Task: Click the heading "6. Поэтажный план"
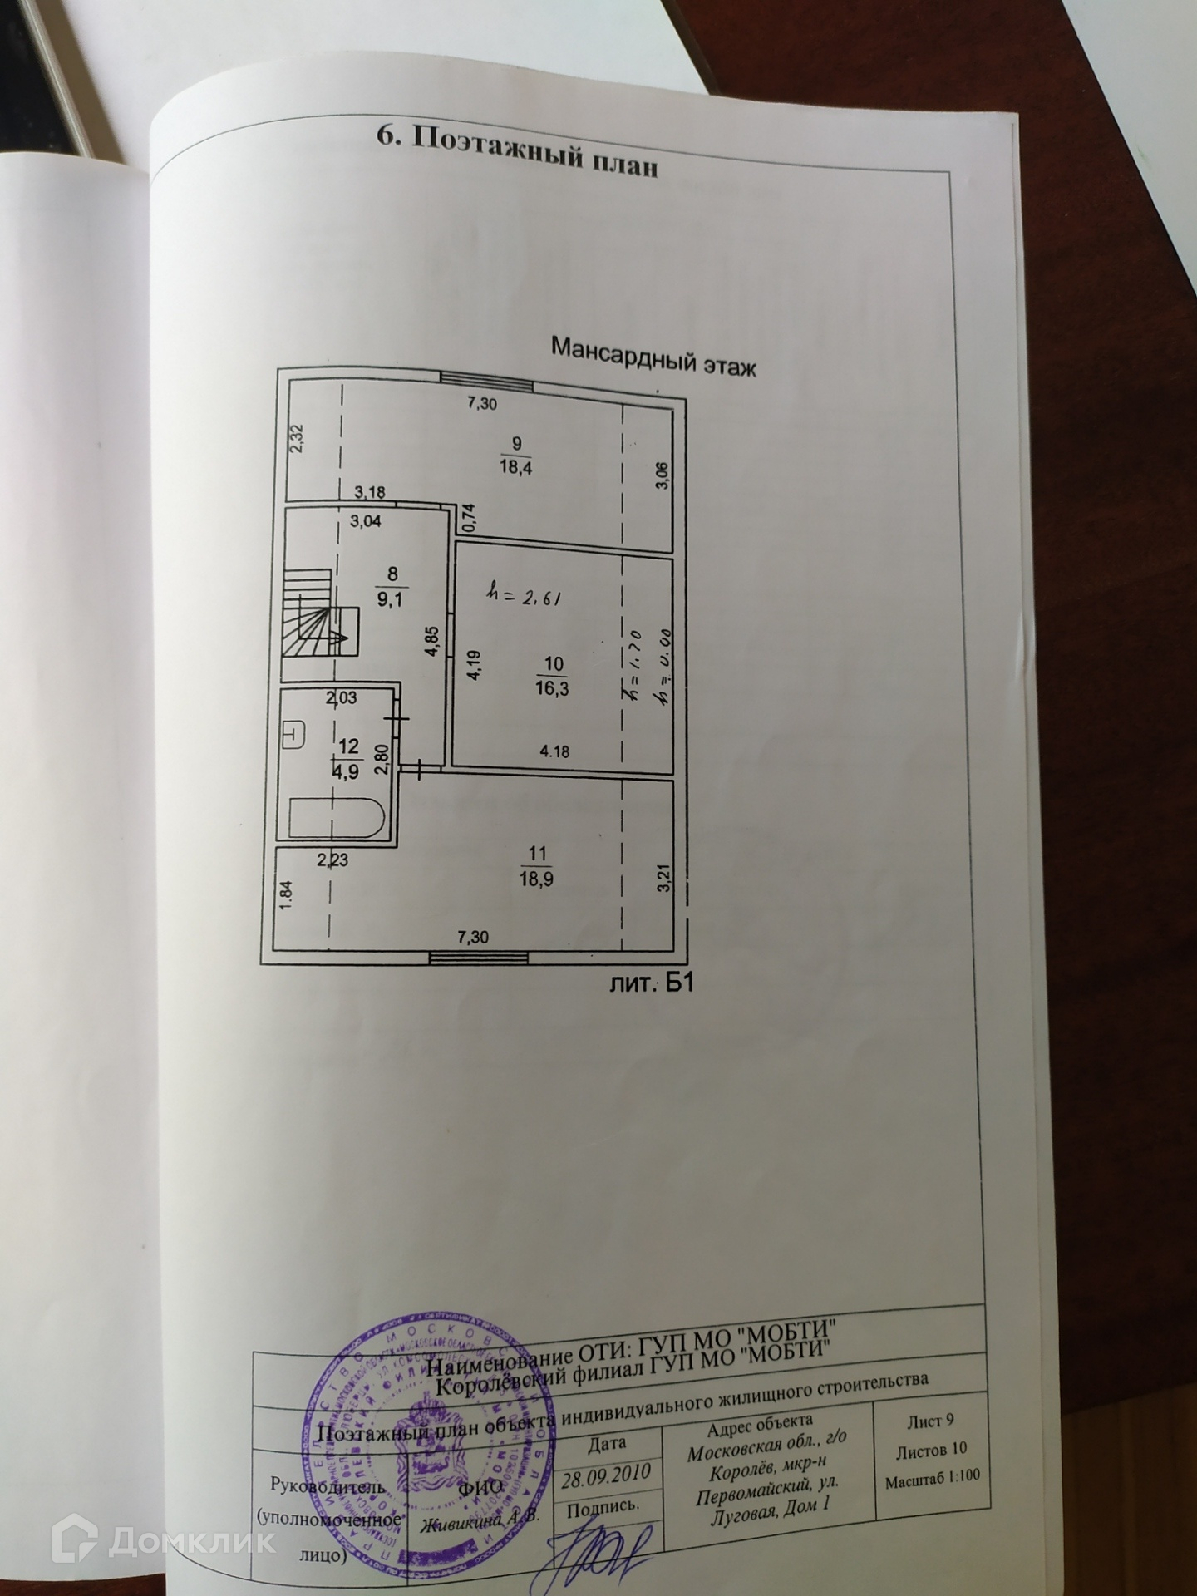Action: (x=518, y=150)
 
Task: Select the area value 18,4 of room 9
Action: (x=515, y=467)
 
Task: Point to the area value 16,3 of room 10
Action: (x=553, y=688)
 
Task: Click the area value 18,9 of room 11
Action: (x=539, y=879)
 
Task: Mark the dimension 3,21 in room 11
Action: (x=663, y=877)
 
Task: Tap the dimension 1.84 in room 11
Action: (x=285, y=896)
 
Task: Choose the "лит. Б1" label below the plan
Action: (x=652, y=984)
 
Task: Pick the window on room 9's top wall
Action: (x=487, y=380)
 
